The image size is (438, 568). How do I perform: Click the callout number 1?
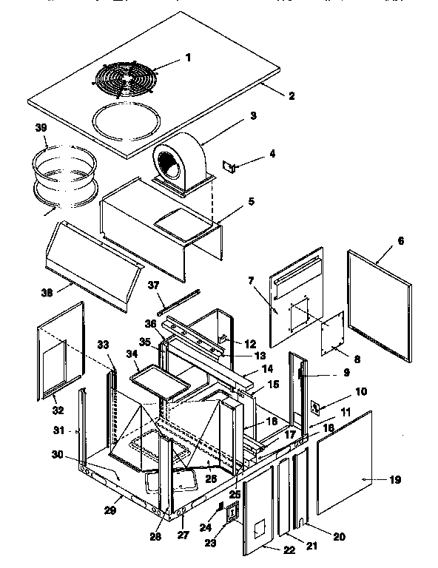[x=188, y=57]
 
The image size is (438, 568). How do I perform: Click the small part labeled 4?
[x=232, y=169]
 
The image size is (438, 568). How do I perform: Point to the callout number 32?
[x=55, y=410]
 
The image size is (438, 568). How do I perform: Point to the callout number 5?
[x=251, y=200]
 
